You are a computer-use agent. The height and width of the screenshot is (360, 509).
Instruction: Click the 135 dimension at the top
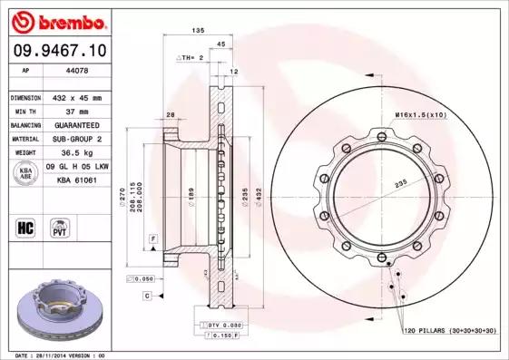[197, 31]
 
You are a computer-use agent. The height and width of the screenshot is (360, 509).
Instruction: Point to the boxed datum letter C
[145, 296]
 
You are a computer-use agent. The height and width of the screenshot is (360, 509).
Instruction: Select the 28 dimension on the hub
[170, 114]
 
